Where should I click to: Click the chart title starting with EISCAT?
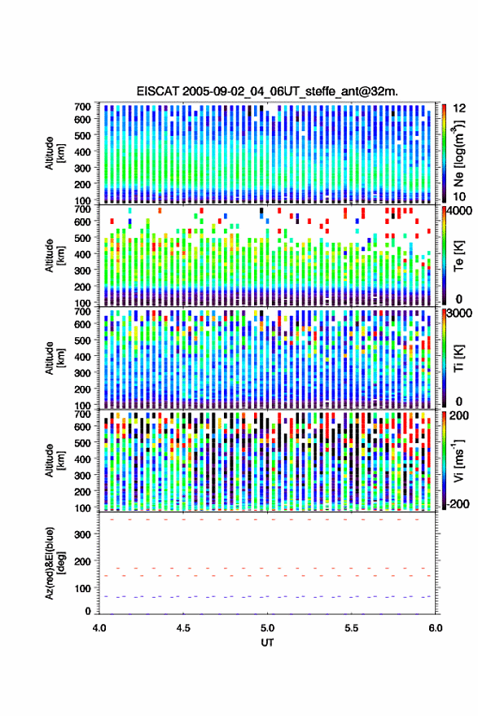tap(267, 91)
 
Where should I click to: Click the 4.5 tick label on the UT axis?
tap(183, 628)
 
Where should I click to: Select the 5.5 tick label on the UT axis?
tap(351, 628)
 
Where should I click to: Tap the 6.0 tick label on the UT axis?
tap(435, 628)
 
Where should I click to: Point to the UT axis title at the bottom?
tap(267, 643)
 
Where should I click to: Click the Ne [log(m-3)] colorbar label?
tap(458, 152)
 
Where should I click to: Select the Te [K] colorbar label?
tap(458, 256)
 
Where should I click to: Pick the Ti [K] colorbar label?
tap(458, 358)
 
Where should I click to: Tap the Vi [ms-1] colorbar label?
tap(458, 460)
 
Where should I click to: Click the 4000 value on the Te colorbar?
tap(460, 212)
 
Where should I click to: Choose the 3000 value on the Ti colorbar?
tap(460, 314)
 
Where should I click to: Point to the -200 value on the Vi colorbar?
tap(458, 504)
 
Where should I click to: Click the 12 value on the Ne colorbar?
tap(460, 108)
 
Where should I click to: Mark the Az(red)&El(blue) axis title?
tap(55, 563)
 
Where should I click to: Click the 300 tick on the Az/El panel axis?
tap(82, 534)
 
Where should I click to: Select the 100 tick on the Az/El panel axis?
tap(82, 588)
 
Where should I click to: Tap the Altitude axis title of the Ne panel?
tap(55, 153)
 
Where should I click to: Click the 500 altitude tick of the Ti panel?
tap(82, 340)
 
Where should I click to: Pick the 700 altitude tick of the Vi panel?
tap(82, 414)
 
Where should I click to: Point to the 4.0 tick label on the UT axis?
tap(99, 628)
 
